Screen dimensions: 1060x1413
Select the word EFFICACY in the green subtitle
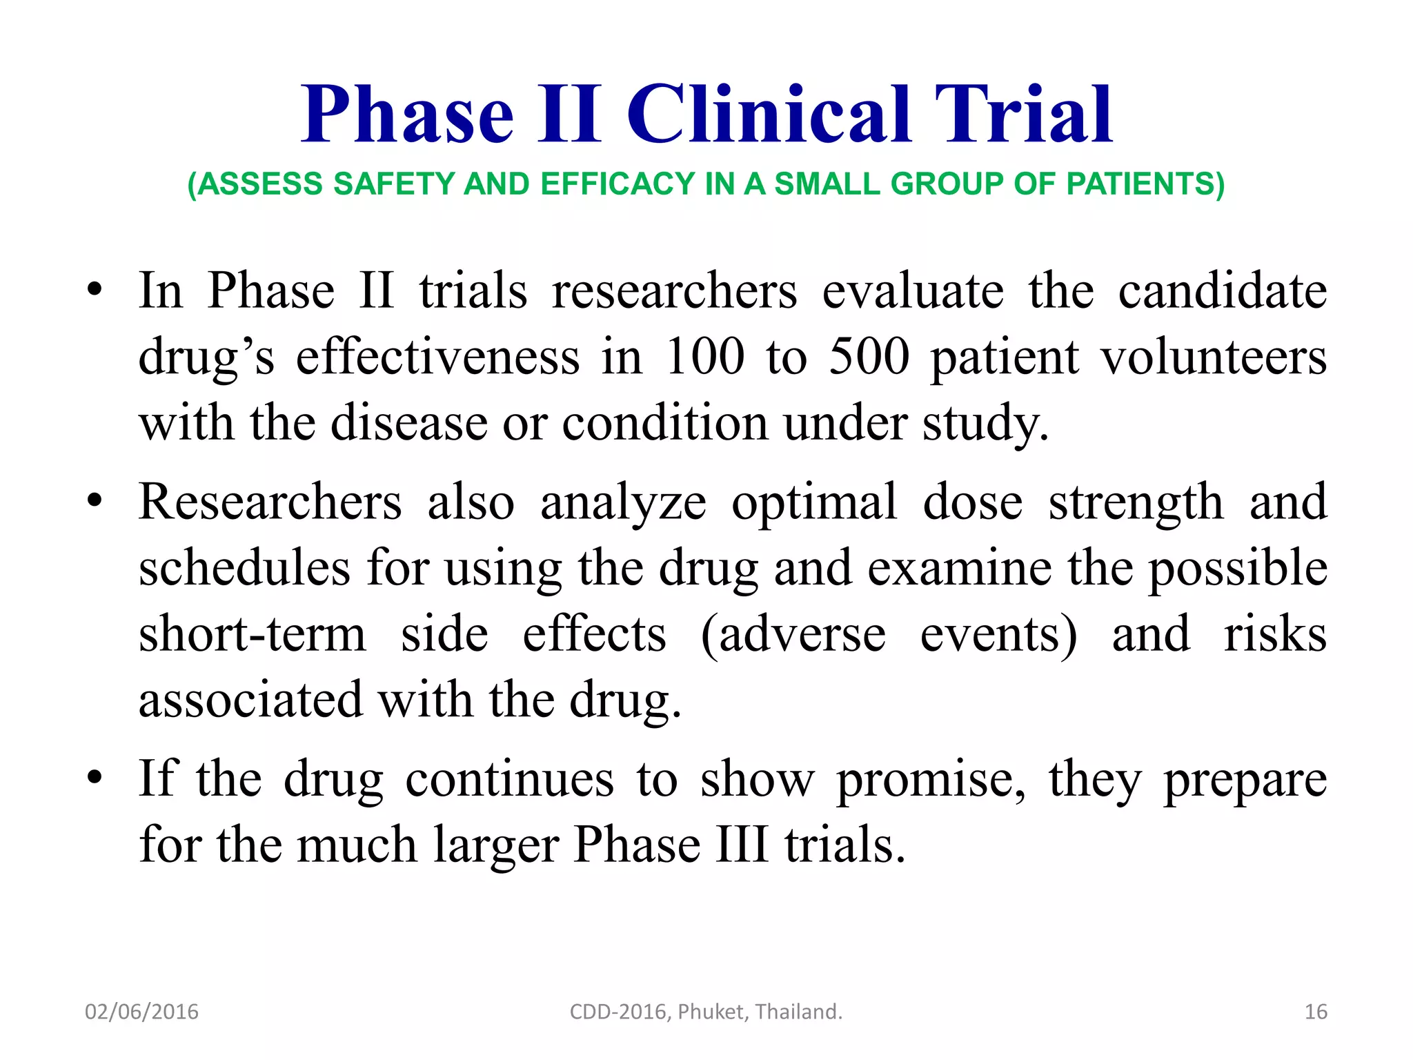[x=618, y=184]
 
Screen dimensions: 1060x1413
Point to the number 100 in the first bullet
[x=705, y=357]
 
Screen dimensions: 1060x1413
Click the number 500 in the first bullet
[x=869, y=357]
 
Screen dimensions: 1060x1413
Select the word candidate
[x=1223, y=291]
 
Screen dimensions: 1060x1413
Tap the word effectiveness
[x=438, y=357]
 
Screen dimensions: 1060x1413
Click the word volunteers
[x=1214, y=357]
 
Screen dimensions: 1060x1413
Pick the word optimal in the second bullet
[x=814, y=502]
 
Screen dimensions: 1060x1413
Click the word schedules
[x=244, y=568]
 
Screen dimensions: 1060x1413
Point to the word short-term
[x=253, y=634]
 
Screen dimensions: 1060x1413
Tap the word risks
[x=1275, y=634]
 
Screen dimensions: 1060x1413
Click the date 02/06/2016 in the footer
[x=141, y=1012]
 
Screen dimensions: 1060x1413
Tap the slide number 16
[x=1316, y=1012]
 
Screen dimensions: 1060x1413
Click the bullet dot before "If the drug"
[x=95, y=778]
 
